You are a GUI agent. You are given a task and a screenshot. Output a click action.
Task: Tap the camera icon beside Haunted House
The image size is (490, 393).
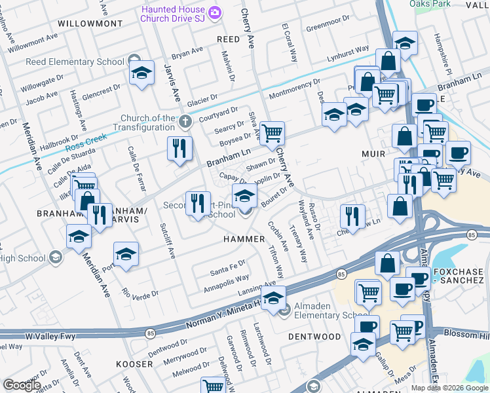tap(214, 12)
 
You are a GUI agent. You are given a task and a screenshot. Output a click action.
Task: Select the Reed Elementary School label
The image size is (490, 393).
tap(75, 62)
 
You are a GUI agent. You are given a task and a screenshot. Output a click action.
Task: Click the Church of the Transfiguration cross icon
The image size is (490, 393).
tap(185, 121)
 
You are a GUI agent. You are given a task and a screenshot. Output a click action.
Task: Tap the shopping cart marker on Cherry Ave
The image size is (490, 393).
tap(272, 134)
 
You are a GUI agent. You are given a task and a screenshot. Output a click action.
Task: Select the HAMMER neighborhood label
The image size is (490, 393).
tap(244, 240)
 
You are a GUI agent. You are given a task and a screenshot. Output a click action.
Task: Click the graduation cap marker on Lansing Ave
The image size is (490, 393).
tap(274, 298)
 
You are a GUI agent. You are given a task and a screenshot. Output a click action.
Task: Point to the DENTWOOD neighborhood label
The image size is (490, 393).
tap(314, 337)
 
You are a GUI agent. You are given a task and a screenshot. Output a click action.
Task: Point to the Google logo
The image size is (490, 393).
tap(22, 385)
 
